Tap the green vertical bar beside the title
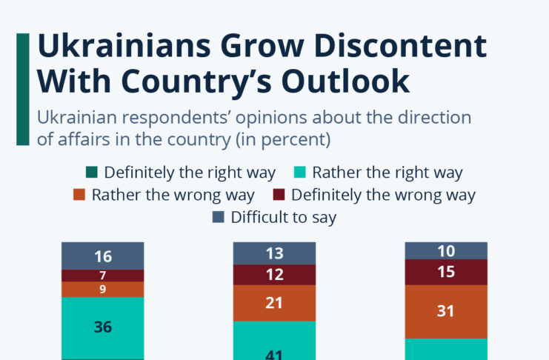tap(23, 89)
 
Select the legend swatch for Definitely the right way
tap(92, 173)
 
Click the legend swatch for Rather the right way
tap(300, 173)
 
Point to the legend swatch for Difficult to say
tap(218, 218)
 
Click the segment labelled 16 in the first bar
tap(103, 256)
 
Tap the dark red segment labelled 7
tap(103, 276)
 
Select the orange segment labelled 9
tap(103, 290)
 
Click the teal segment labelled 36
tap(103, 327)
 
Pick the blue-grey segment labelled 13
tap(274, 253)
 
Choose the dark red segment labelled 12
tap(274, 275)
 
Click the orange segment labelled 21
tap(274, 302)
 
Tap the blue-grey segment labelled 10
tap(445, 250)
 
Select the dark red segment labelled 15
tap(445, 272)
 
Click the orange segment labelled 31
tap(445, 311)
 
